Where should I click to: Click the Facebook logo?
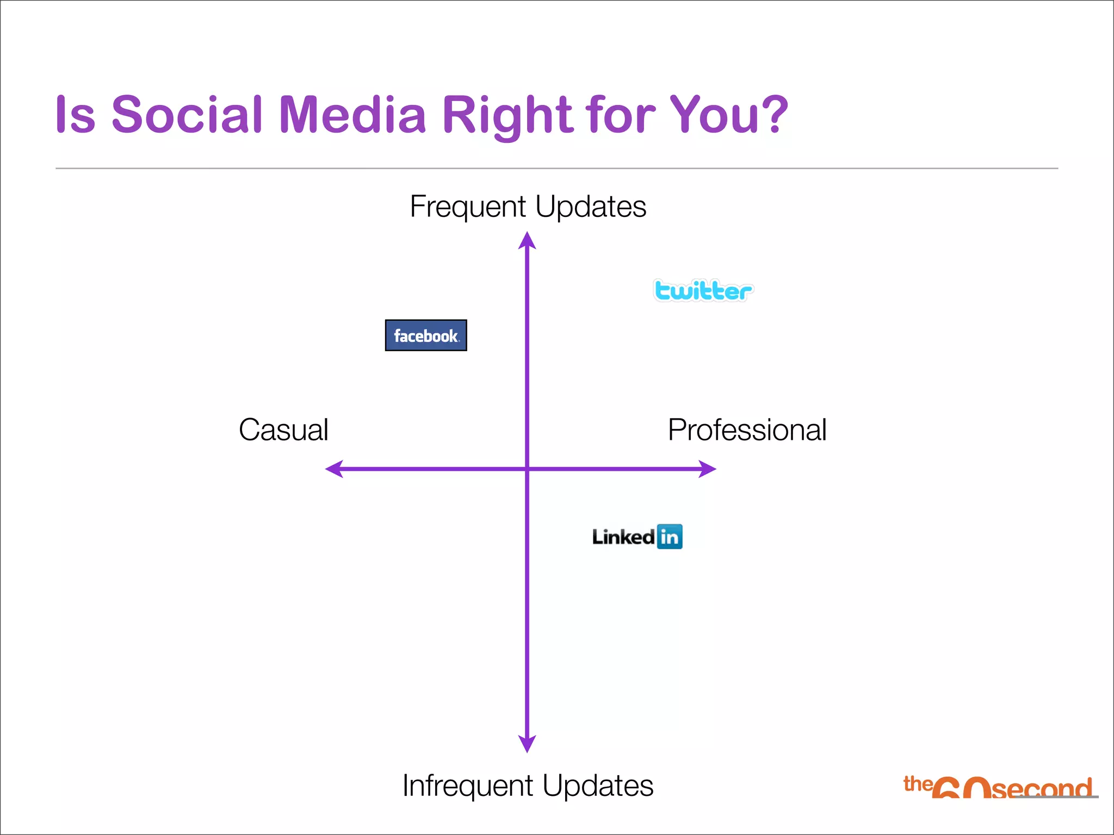point(426,335)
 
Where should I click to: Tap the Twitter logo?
point(703,291)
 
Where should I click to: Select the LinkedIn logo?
point(637,537)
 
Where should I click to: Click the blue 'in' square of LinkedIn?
point(670,537)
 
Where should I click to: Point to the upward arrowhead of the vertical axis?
point(527,241)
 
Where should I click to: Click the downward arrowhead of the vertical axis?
point(527,743)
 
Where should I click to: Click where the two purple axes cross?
point(527,469)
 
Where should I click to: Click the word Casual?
point(283,430)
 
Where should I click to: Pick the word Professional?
point(747,430)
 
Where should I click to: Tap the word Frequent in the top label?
point(468,207)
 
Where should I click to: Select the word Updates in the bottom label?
point(598,786)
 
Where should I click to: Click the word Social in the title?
point(187,115)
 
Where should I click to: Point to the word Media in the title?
point(352,115)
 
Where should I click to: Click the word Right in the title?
point(508,116)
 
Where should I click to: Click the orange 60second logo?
point(999,787)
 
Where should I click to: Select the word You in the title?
point(714,115)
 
